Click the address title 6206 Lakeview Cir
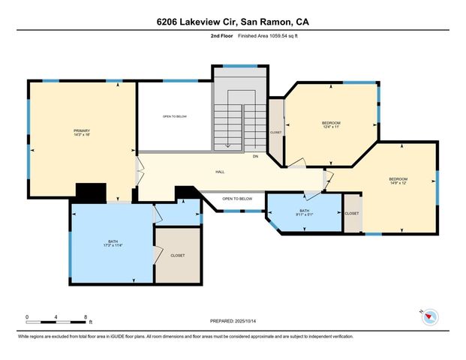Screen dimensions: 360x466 (x=233, y=22)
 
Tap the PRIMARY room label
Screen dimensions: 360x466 (x=82, y=130)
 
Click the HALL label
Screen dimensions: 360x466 (x=220, y=172)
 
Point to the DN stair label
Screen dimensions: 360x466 (x=255, y=156)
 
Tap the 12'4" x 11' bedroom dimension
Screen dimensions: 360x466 (x=331, y=127)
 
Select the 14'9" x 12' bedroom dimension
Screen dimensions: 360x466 (x=398, y=183)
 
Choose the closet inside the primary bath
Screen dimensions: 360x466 (x=178, y=255)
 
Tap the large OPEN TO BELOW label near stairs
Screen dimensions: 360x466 (x=175, y=116)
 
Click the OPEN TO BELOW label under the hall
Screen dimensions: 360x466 (x=237, y=198)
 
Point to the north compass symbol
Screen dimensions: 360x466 (x=429, y=316)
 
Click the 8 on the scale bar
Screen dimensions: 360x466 (x=86, y=316)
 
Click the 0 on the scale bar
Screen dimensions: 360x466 (x=27, y=316)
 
